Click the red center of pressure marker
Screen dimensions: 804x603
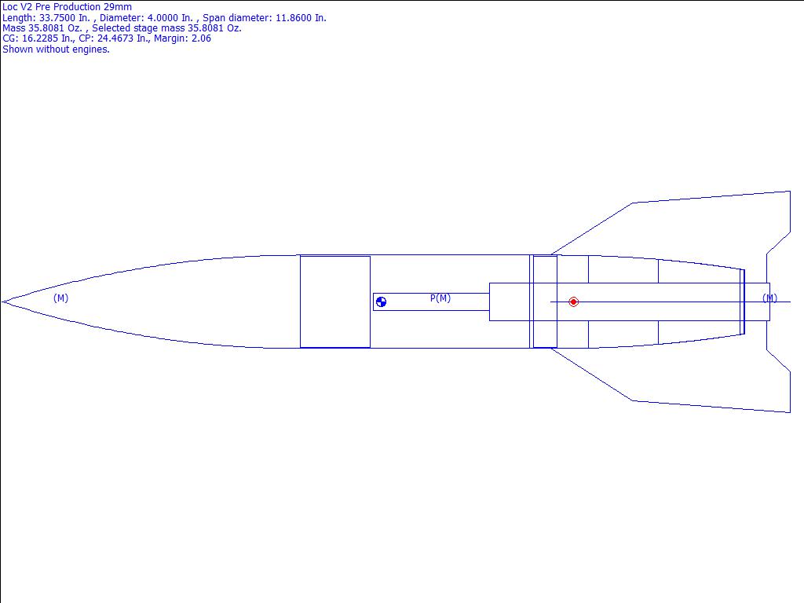pyautogui.click(x=573, y=302)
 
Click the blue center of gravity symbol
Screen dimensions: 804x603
pyautogui.click(x=381, y=302)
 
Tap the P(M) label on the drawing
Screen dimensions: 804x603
pyautogui.click(x=440, y=298)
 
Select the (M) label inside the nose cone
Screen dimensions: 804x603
pyautogui.click(x=60, y=298)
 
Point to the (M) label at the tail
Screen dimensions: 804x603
pyautogui.click(x=769, y=298)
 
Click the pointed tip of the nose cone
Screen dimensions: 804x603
pyautogui.click(x=2, y=302)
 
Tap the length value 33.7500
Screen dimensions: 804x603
pyautogui.click(x=58, y=17)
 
